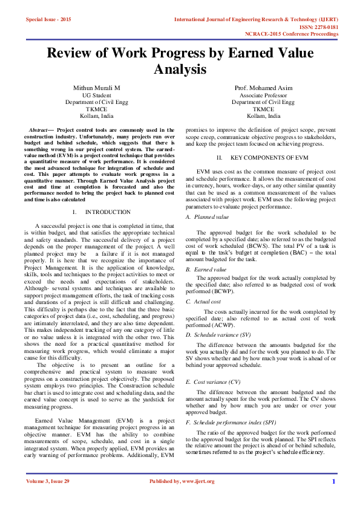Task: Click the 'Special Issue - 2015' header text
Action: click(48, 20)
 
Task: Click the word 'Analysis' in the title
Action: click(180, 70)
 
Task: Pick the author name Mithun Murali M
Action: click(97, 88)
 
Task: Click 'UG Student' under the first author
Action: click(97, 96)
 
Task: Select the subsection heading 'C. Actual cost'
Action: click(204, 300)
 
